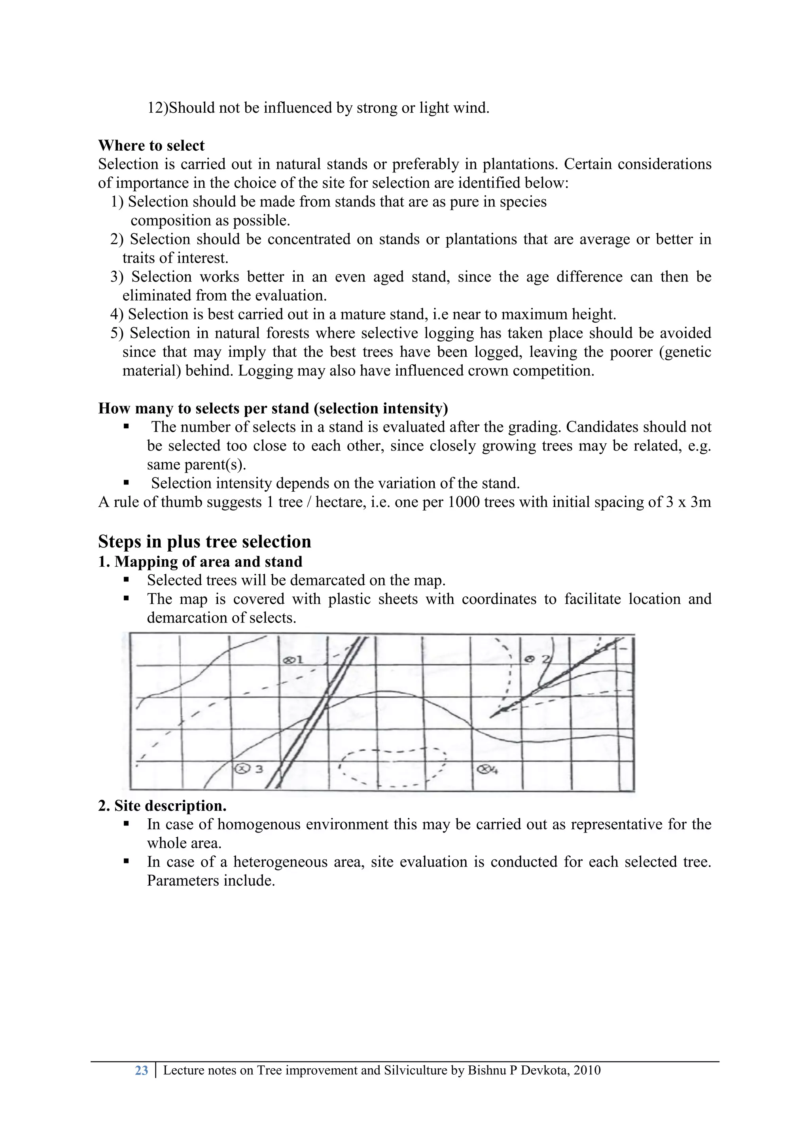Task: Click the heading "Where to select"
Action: coord(151,146)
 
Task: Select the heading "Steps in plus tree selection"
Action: coord(204,541)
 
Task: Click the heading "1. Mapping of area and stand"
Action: coord(200,562)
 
